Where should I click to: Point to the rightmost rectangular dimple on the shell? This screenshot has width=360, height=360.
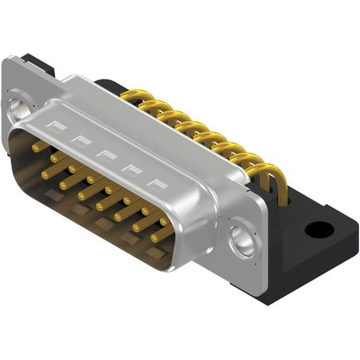click(159, 185)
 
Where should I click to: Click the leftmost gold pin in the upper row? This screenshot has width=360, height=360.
click(38, 143)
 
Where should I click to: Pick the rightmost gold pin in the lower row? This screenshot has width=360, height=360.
click(159, 238)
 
